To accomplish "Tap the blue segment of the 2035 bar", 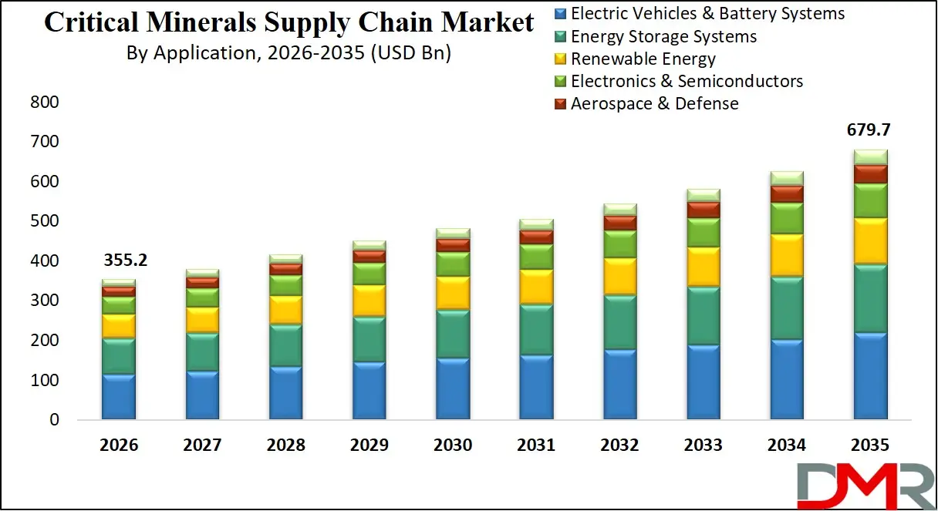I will pyautogui.click(x=870, y=375).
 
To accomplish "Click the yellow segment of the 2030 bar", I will pyautogui.click(x=453, y=293).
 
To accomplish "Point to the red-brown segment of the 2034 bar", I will pyautogui.click(x=787, y=193).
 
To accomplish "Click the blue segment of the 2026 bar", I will pyautogui.click(x=119, y=397).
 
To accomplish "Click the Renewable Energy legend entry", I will pyautogui.click(x=643, y=59).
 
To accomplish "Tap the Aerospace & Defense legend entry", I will pyautogui.click(x=654, y=103).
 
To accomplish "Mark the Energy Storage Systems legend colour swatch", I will pyautogui.click(x=561, y=37).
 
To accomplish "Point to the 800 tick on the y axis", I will pyautogui.click(x=44, y=103).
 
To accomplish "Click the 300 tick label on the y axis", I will pyautogui.click(x=44, y=301).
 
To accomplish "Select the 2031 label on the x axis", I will pyautogui.click(x=536, y=445).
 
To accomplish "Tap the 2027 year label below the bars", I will pyautogui.click(x=202, y=445).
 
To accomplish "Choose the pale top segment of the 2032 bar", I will pyautogui.click(x=619, y=210).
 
